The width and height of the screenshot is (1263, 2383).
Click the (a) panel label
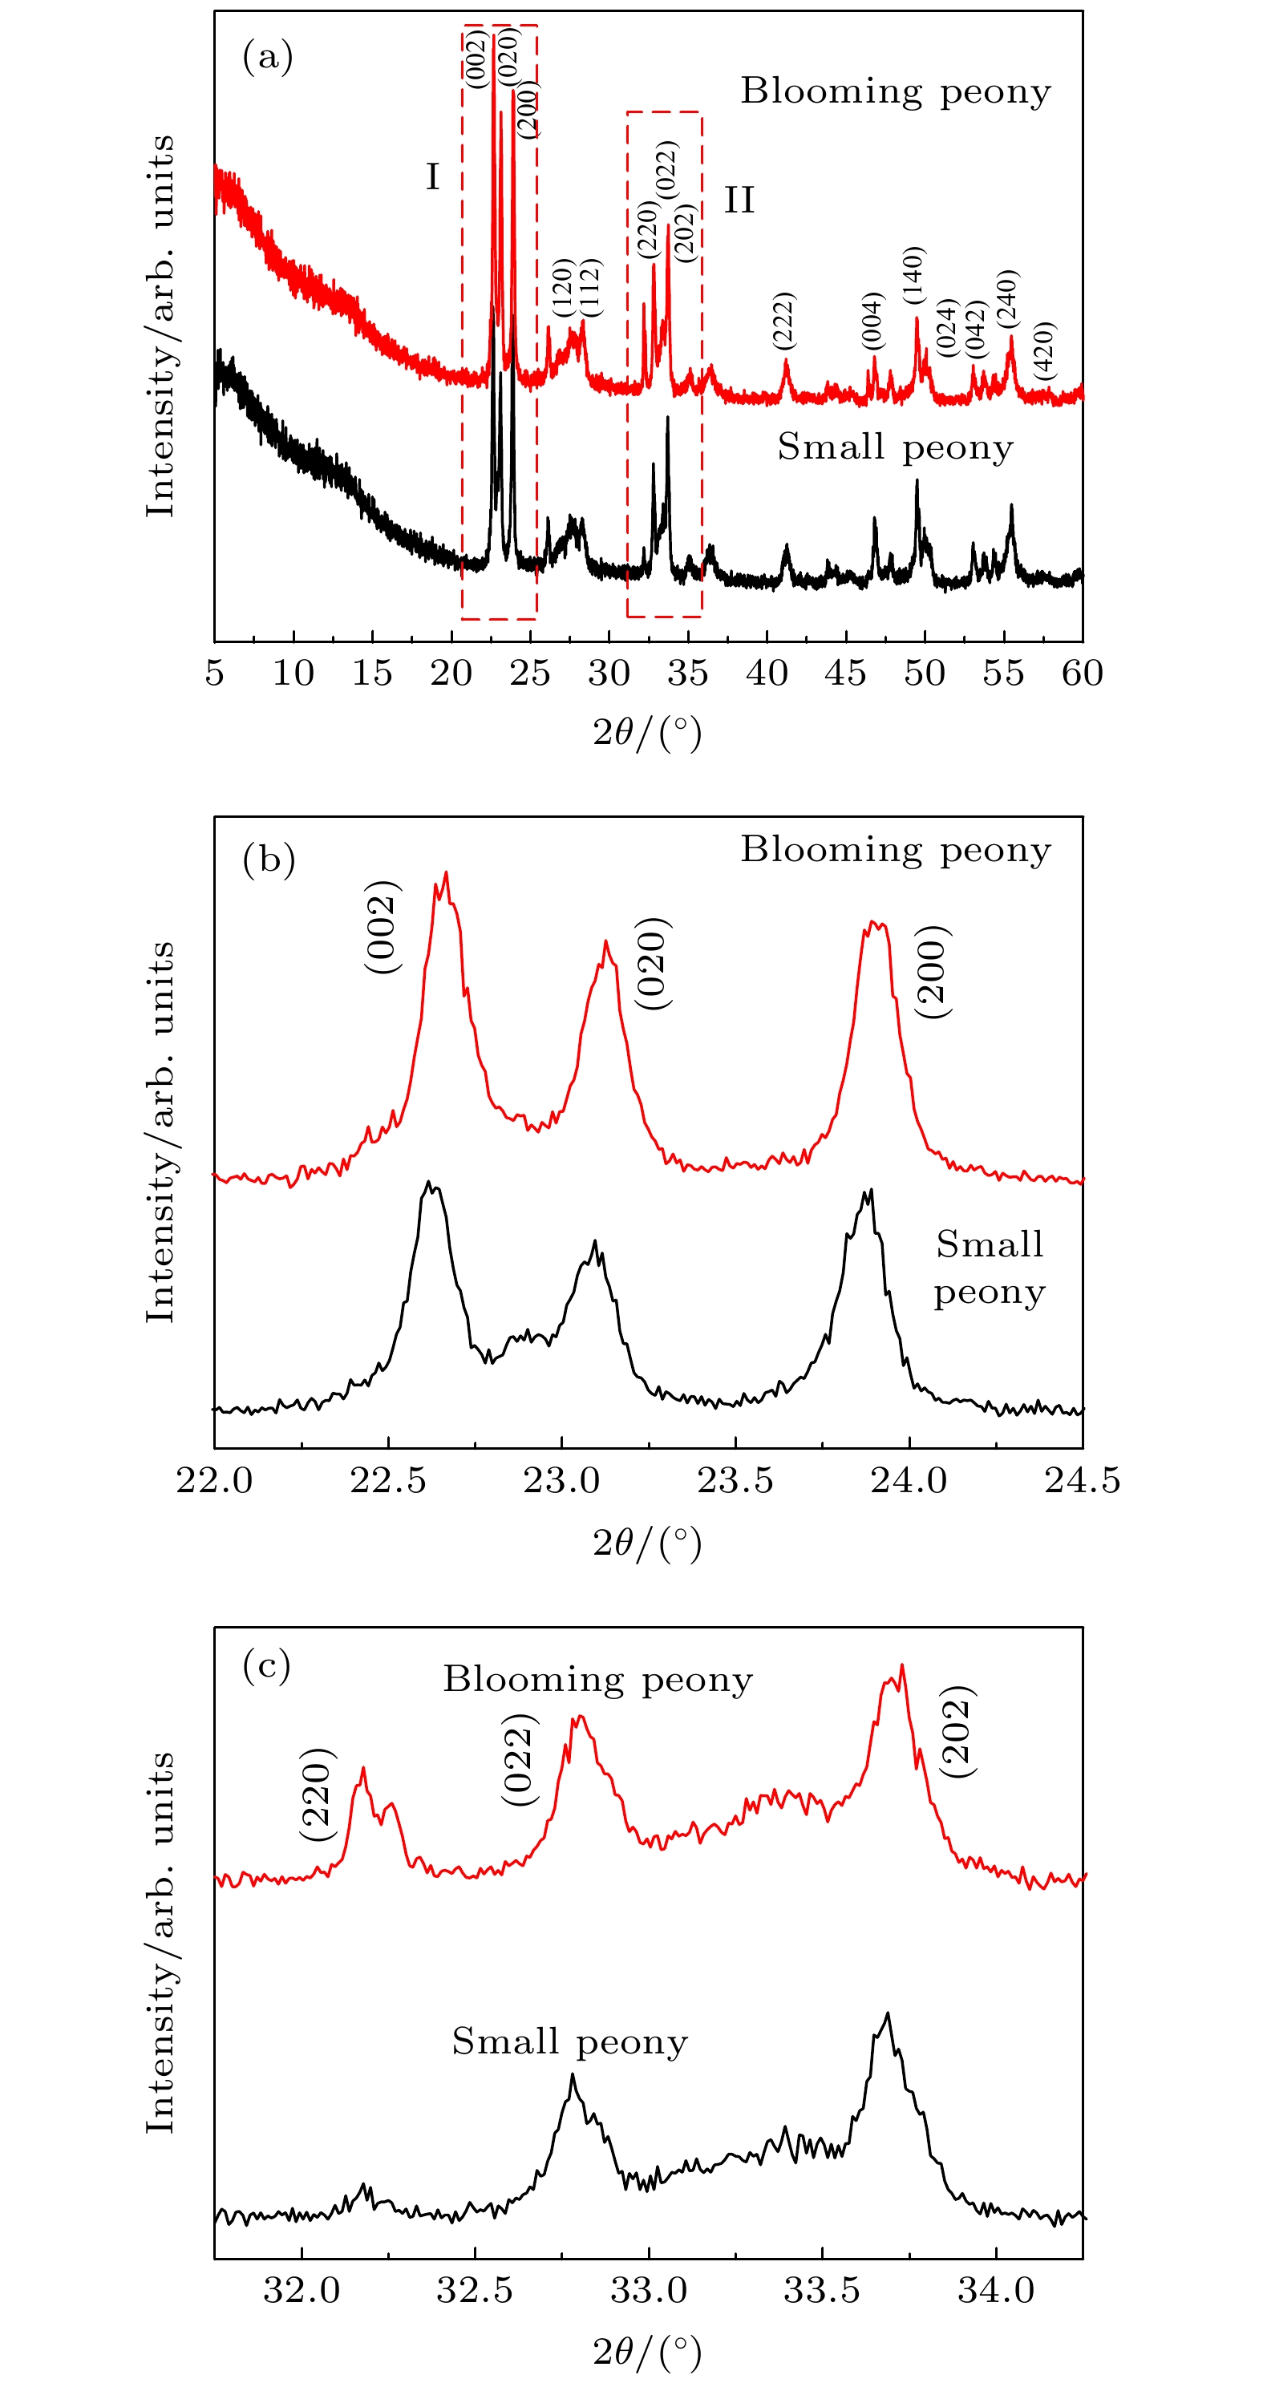267,58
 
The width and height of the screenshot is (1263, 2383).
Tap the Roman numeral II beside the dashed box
739,200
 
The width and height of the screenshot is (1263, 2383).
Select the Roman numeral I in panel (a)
432,176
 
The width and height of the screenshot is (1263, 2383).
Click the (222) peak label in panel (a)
783,321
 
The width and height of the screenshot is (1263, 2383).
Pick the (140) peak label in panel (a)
913,275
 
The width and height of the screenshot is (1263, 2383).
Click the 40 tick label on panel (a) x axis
766,674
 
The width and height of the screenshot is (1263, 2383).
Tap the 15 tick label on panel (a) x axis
372,674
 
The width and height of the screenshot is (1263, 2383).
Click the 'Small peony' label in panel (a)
895,447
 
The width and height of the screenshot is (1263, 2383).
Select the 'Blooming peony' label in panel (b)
895,850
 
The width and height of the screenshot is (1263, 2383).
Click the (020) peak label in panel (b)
651,964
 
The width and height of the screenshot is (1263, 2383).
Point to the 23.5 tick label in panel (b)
735,1480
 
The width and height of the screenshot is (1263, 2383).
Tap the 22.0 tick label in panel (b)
215,1480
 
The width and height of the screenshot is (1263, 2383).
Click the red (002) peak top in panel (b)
446,873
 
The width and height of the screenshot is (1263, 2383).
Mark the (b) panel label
269,860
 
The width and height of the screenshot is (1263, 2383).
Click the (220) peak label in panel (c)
317,1794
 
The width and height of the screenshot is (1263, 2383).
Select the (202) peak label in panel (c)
957,1731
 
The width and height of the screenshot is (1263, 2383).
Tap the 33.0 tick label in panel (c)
649,2291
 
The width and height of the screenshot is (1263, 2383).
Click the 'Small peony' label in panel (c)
569,2041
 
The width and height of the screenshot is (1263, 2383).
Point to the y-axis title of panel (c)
160,1943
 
